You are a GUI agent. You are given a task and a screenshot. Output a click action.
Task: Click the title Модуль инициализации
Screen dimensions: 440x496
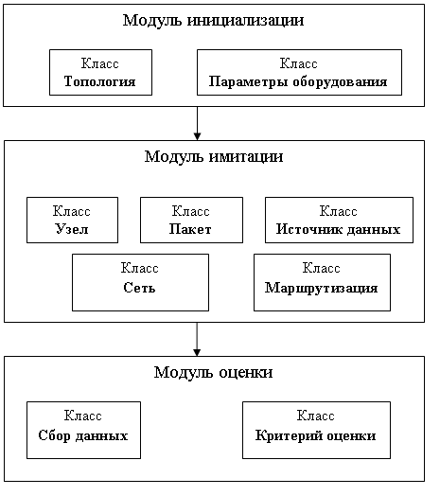(x=213, y=21)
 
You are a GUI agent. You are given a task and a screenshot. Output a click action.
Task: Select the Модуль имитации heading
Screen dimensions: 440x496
(x=214, y=156)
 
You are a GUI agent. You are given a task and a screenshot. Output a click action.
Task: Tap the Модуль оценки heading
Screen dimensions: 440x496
(x=213, y=372)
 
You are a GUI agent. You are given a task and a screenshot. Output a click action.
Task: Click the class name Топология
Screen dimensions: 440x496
(x=100, y=81)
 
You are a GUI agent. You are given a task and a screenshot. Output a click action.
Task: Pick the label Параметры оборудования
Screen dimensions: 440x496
(x=298, y=82)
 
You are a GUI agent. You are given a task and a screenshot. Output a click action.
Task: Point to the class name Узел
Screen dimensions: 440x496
(x=72, y=229)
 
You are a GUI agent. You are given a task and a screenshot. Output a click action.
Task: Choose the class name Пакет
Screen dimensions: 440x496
(x=190, y=229)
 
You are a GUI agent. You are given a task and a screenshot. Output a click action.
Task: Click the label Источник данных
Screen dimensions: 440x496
(x=338, y=230)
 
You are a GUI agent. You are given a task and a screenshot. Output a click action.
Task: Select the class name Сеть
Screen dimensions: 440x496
(x=139, y=288)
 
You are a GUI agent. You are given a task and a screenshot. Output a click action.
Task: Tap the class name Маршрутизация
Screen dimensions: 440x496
(x=322, y=288)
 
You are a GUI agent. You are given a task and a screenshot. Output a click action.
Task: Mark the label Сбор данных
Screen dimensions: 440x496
(x=83, y=435)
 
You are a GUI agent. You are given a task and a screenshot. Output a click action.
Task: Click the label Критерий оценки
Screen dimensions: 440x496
(x=316, y=435)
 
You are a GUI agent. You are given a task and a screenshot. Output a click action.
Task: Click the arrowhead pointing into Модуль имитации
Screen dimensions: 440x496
(x=197, y=136)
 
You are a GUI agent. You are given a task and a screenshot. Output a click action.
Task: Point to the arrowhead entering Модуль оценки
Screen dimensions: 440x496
(x=197, y=352)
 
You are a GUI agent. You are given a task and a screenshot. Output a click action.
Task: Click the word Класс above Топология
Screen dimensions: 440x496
(x=100, y=63)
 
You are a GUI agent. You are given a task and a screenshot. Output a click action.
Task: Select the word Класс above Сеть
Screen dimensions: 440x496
(x=139, y=268)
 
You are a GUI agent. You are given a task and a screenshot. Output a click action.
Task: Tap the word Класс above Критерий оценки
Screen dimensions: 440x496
(x=315, y=416)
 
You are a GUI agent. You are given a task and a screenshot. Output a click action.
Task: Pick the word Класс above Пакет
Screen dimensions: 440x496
(x=191, y=211)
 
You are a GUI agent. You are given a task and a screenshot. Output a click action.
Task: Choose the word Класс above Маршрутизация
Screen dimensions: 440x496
(x=322, y=268)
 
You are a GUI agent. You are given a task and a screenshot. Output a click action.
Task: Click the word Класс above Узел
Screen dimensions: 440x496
(x=72, y=211)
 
